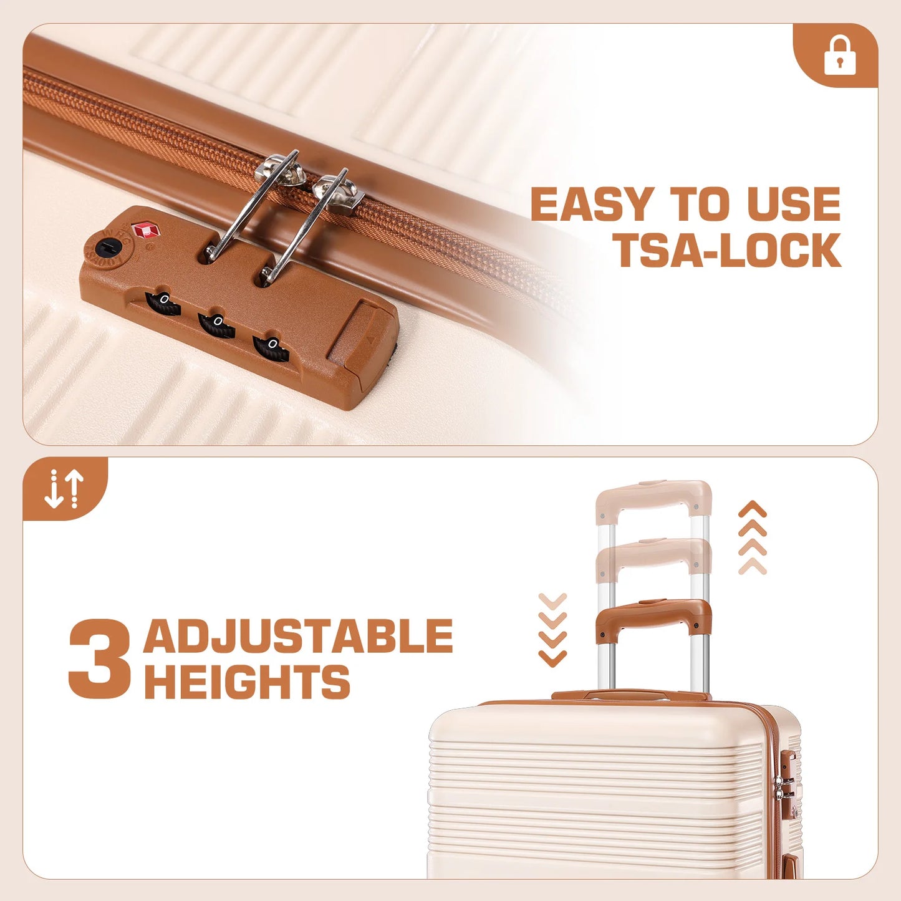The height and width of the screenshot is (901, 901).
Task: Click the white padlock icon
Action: tap(840, 57)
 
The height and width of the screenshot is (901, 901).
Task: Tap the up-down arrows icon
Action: tap(64, 489)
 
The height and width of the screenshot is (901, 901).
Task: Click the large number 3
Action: tap(99, 659)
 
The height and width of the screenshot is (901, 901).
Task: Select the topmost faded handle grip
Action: tap(653, 499)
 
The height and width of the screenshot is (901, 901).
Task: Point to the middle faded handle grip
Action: tap(653, 558)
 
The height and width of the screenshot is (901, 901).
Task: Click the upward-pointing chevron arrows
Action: tap(753, 537)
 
